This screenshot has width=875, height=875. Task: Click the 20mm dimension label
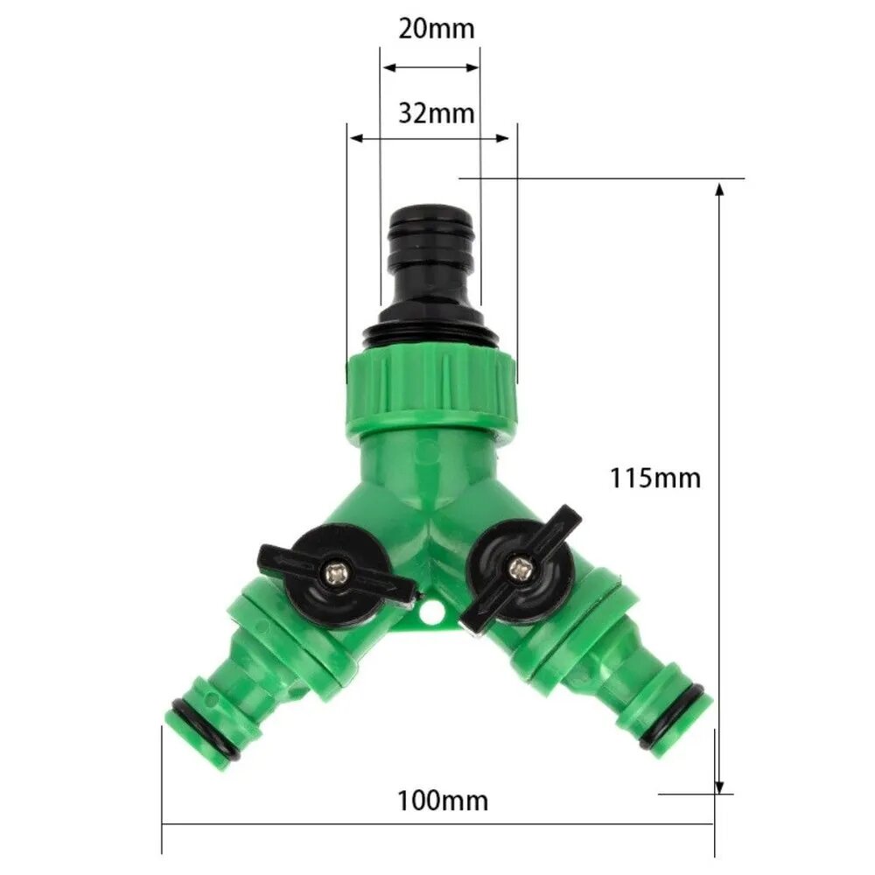point(437,29)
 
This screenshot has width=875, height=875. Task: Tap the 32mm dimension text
point(437,114)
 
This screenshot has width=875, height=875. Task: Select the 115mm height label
point(655,479)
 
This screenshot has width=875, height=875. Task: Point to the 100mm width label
point(443,801)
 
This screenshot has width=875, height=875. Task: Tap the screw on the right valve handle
point(520,569)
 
